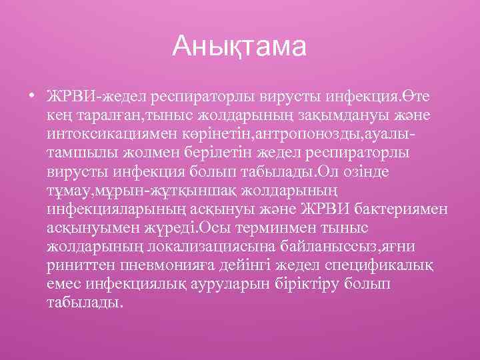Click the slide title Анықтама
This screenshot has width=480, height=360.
click(x=239, y=47)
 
